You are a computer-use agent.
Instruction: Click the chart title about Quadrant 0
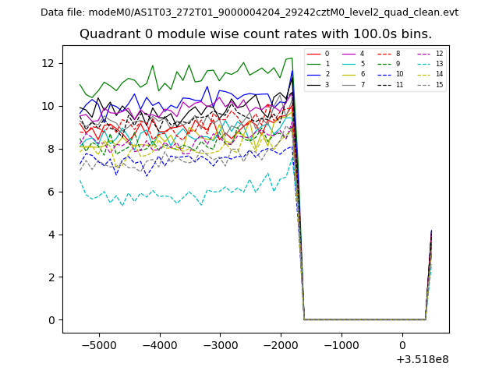(x=255, y=34)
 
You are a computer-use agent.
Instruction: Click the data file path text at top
(x=249, y=12)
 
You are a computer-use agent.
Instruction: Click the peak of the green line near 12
(x=292, y=58)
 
